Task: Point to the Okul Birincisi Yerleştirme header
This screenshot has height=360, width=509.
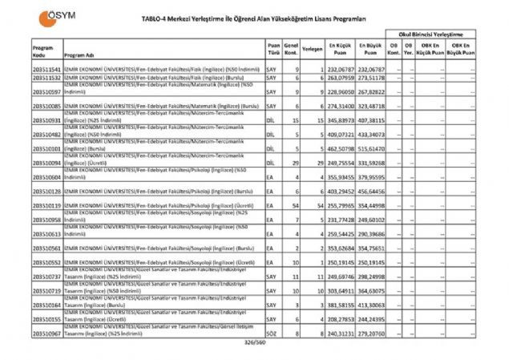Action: (431, 37)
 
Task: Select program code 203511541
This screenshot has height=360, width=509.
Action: (47, 71)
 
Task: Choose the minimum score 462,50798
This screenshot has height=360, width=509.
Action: (340, 148)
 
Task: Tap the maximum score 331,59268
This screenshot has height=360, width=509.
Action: (370, 163)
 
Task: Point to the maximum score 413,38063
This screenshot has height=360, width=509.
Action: (370, 305)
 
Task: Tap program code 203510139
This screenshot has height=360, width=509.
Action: (47, 205)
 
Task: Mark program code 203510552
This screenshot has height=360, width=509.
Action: (47, 261)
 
